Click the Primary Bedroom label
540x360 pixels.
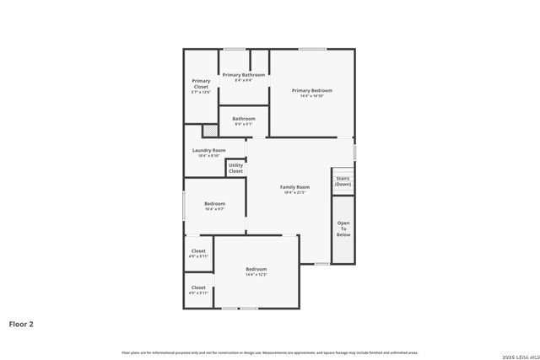(311, 90)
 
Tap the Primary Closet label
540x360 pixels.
(201, 83)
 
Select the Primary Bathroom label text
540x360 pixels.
(244, 75)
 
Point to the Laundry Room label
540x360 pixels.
(208, 150)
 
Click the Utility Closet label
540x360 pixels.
(235, 168)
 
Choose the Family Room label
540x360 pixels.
(294, 186)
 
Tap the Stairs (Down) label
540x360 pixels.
(343, 181)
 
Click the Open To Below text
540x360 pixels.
(343, 228)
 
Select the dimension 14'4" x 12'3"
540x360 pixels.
(256, 275)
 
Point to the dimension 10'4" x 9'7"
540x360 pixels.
(214, 210)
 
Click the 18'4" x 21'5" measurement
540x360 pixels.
(294, 193)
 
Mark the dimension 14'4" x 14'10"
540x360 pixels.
(311, 96)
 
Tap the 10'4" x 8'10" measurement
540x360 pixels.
(208, 156)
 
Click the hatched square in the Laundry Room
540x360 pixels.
(209, 131)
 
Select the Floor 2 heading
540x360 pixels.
(21, 323)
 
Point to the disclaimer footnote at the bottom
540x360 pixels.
(269, 352)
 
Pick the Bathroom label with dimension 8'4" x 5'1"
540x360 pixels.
(244, 119)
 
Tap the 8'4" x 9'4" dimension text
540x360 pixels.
(244, 81)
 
